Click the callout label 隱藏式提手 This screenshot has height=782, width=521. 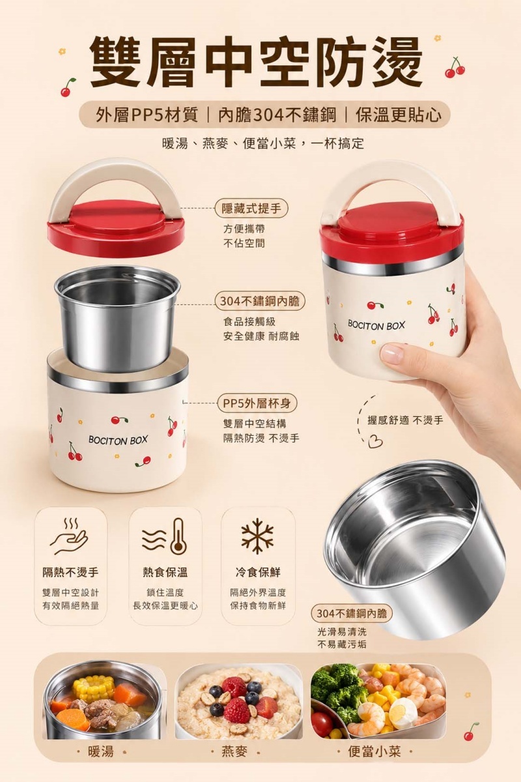point(251,209)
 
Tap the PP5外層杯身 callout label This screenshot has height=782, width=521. point(257,403)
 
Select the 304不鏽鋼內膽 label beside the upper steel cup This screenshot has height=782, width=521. point(260,301)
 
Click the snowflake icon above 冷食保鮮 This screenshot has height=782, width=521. point(258,536)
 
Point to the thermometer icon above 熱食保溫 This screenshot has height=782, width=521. point(165,536)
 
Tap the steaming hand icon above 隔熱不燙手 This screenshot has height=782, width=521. point(69,536)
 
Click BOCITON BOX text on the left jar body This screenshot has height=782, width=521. point(118,440)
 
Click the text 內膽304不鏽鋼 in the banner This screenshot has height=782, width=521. point(277,115)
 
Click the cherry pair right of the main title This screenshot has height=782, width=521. point(455,68)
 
